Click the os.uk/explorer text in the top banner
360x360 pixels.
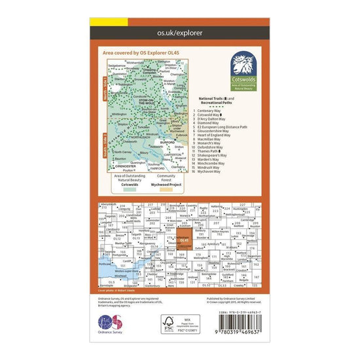tap(179, 31)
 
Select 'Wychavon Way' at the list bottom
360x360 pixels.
tap(211, 172)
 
